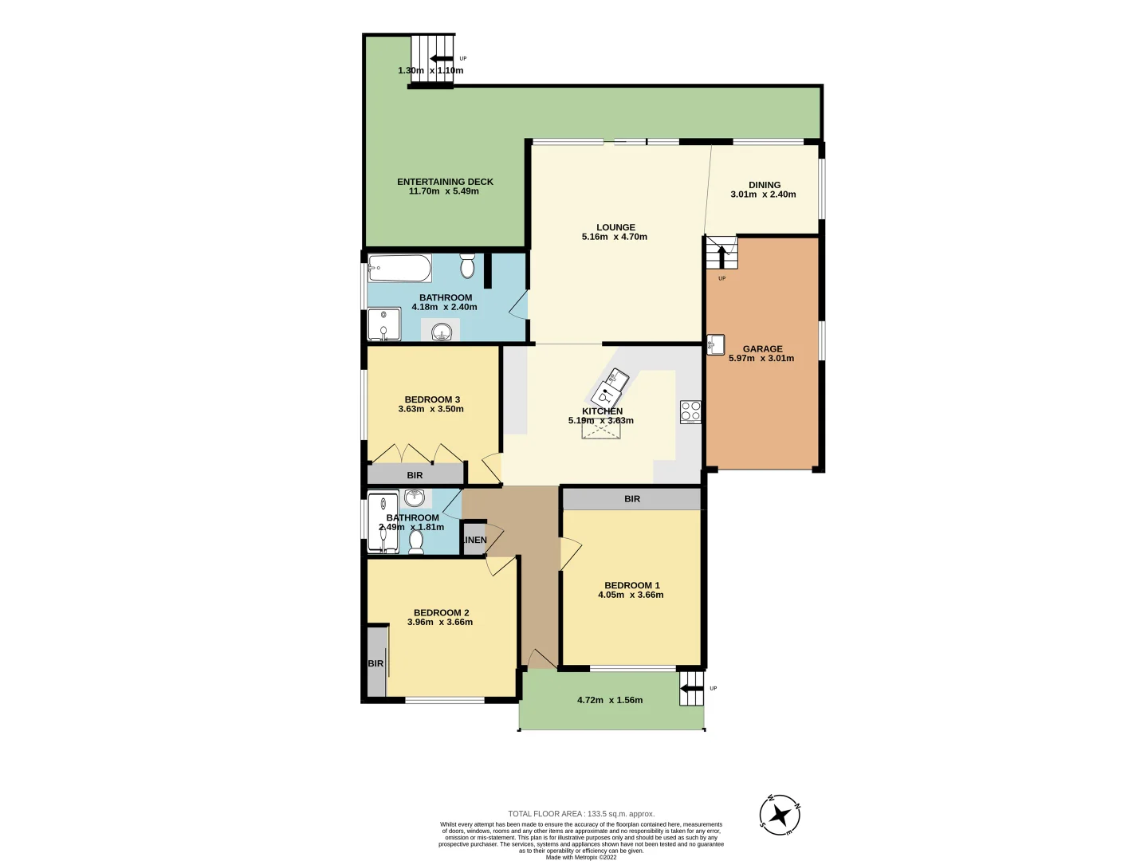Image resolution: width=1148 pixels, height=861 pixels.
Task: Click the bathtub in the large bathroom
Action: [399, 268]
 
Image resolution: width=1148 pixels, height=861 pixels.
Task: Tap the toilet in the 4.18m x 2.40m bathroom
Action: [467, 265]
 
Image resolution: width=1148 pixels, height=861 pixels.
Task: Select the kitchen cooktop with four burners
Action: [690, 411]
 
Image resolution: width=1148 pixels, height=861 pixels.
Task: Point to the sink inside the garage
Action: [715, 344]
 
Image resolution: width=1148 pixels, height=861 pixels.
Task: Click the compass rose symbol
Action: [780, 815]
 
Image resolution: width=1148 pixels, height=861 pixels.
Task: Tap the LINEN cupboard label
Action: [474, 540]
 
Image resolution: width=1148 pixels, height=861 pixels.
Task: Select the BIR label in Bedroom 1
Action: [632, 499]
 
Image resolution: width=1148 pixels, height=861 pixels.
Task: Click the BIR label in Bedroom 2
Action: [375, 663]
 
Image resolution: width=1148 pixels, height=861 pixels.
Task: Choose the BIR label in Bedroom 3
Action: [415, 475]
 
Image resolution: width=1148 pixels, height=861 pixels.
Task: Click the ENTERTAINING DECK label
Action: [445, 182]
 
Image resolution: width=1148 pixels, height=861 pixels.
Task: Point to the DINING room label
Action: [764, 185]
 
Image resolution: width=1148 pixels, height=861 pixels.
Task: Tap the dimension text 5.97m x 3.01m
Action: [761, 359]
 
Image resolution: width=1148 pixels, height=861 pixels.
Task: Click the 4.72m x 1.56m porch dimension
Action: [610, 700]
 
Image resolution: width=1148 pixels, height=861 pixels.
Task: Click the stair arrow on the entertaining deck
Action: [441, 58]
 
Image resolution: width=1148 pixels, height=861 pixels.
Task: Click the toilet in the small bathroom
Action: [415, 541]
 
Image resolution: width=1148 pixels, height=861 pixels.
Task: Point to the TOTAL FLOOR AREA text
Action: [581, 814]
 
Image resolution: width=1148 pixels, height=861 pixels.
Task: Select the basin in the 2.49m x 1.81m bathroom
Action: [415, 499]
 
